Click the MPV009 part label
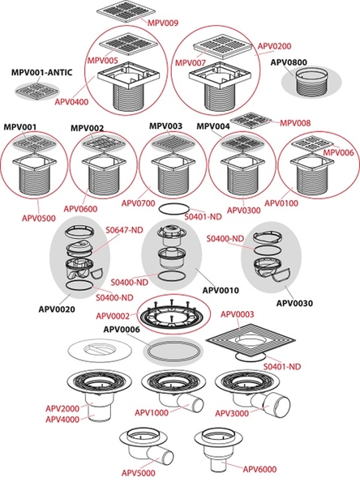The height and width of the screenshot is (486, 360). point(163,23)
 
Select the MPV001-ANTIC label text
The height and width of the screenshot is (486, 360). point(42,73)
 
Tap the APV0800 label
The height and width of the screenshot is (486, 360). point(289,62)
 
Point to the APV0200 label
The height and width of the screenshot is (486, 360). point(274,46)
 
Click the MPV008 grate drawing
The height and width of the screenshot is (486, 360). point(252,121)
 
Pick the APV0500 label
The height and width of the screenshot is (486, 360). point(39,218)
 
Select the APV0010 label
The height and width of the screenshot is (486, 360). point(221,291)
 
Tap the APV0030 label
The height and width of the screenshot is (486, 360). point(294,303)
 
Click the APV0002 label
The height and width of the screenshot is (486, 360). point(113,316)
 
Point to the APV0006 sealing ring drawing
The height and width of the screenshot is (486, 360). point(173,351)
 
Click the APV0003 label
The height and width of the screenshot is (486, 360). point(237,314)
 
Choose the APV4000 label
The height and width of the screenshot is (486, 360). point(62,420)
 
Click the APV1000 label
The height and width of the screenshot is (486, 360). point(152,413)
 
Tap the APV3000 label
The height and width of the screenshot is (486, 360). point(232,413)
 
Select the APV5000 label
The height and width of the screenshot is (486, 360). point(138,473)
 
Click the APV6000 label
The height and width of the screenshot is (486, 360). point(259,470)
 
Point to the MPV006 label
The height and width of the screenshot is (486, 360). point(338,152)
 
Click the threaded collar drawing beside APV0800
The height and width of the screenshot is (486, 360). point(311,82)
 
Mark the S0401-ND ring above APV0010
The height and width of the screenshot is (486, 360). point(176,209)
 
